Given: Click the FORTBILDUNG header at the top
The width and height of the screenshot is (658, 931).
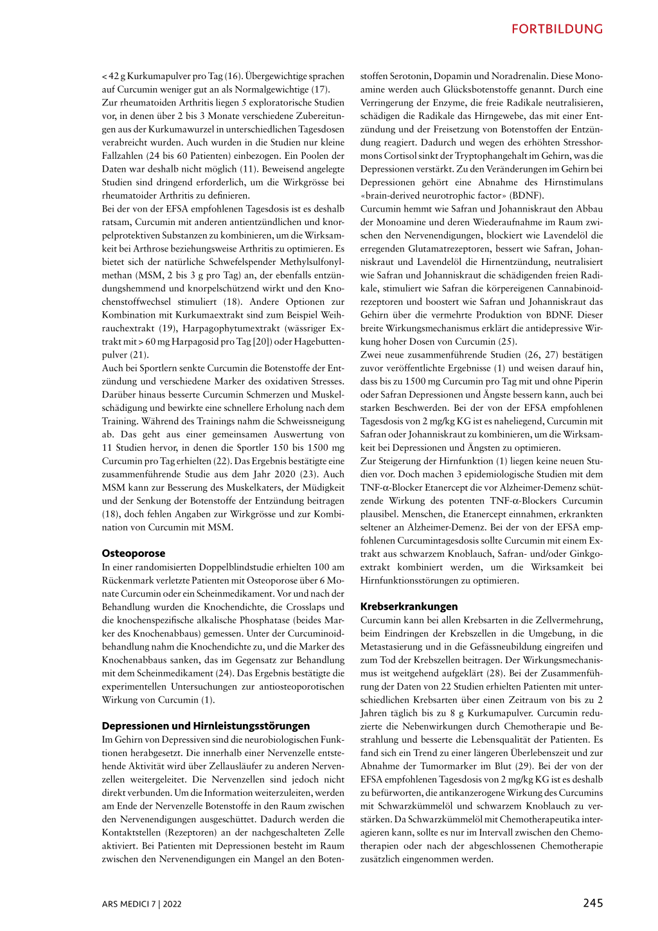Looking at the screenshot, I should pyautogui.click(x=557, y=29).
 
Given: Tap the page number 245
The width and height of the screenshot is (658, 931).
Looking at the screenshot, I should pyautogui.click(x=593, y=903).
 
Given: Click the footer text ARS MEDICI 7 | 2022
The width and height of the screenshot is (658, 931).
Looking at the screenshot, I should pyautogui.click(x=141, y=904).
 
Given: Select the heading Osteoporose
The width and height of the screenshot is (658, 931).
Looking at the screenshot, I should pyautogui.click(x=134, y=553).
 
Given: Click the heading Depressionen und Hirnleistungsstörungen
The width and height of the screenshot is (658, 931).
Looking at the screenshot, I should pyautogui.click(x=206, y=726).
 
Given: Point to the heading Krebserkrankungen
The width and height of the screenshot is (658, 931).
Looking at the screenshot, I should pyautogui.click(x=409, y=606).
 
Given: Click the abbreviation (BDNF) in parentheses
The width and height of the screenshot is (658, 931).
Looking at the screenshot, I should pyautogui.click(x=527, y=195).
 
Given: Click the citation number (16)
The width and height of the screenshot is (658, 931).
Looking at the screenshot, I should pyautogui.click(x=233, y=76).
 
